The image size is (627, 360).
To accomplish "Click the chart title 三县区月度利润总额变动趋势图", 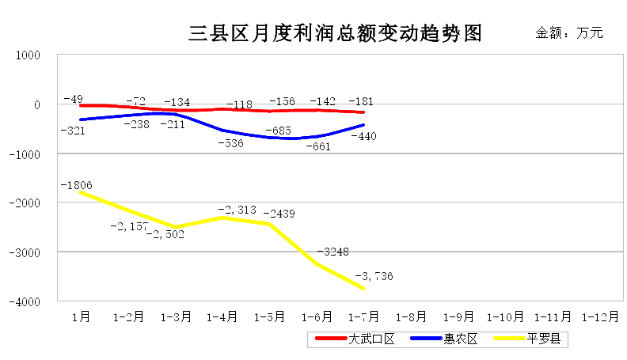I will [335, 34].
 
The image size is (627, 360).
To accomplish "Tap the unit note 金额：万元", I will [569, 33].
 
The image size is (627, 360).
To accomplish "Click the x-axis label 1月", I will [80, 316].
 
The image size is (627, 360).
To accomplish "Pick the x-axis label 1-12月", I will [600, 316].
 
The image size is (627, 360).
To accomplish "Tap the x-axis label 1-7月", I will [363, 316].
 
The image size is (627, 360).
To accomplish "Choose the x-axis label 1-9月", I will [458, 316].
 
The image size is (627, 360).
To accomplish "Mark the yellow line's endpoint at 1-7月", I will [364, 289].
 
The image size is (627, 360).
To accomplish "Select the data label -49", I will [74, 99].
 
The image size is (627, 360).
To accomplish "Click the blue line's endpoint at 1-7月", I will [364, 125].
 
